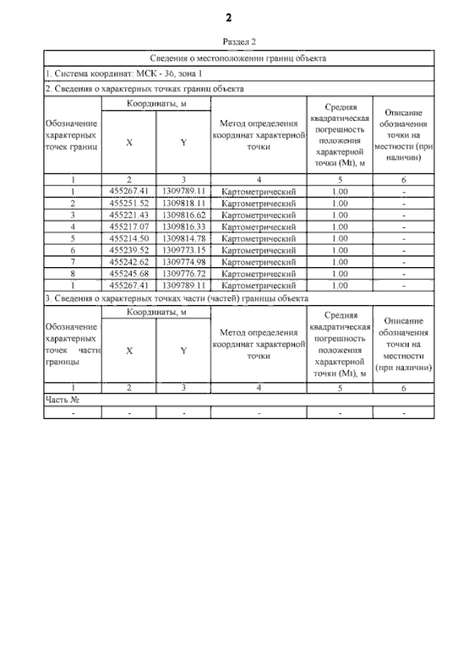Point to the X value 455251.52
129,203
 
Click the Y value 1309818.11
183,203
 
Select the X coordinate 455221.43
129,215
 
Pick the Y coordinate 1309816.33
183,226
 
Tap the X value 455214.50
129,238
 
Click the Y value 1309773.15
183,250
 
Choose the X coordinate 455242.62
129,261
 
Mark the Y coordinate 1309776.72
183,273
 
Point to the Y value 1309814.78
183,238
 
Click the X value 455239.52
129,250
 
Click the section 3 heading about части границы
177,297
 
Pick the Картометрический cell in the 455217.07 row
258,226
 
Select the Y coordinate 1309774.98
183,261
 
